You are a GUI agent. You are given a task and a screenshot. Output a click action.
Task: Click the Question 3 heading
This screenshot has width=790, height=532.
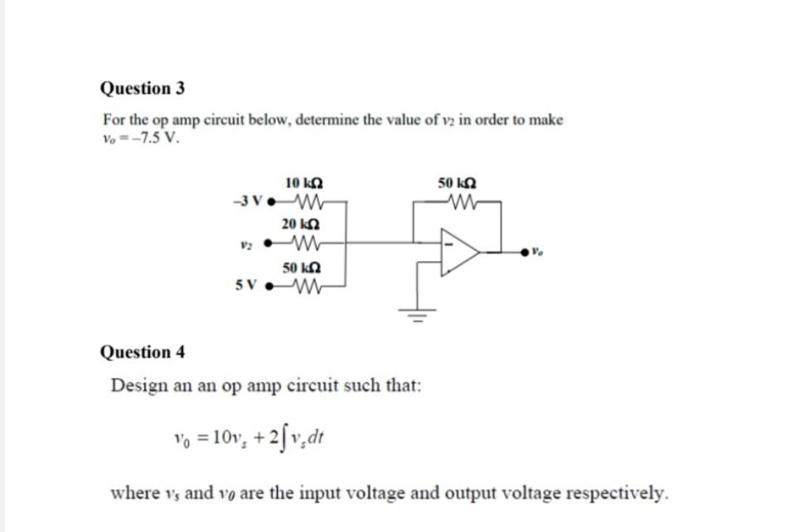(143, 88)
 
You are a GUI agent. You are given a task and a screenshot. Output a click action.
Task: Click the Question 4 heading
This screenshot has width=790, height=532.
(143, 351)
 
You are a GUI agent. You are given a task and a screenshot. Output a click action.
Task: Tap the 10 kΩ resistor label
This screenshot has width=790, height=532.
(304, 183)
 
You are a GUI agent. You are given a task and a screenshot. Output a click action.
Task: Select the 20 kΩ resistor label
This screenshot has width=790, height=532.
(300, 224)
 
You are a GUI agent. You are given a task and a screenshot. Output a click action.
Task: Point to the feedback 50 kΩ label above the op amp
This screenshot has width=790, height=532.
(457, 183)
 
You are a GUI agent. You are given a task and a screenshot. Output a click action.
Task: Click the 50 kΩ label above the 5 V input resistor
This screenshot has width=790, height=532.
(301, 268)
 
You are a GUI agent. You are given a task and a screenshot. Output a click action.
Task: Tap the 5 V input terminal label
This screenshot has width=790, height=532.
(246, 286)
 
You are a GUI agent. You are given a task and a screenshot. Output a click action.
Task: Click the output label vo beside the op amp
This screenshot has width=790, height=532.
(538, 250)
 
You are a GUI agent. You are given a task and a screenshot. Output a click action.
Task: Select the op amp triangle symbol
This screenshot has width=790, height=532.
(460, 252)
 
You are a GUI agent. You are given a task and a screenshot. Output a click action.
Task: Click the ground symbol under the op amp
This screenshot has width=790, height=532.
(418, 315)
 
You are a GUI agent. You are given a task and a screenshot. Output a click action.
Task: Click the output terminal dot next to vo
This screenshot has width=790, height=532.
(525, 251)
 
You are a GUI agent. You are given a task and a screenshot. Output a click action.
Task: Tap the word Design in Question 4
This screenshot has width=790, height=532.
(139, 386)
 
